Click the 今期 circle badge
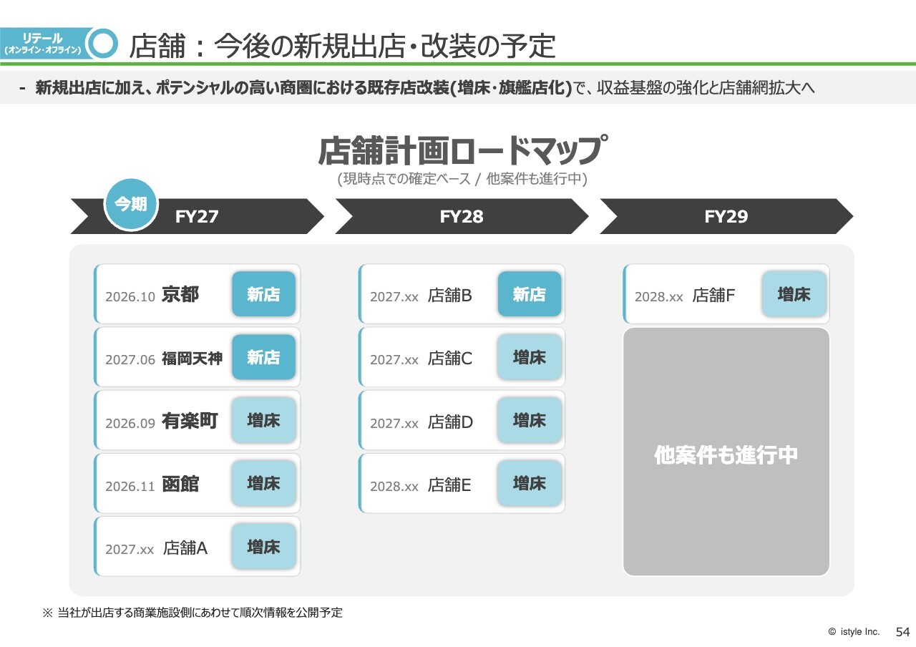(x=131, y=205)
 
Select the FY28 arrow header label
(x=462, y=216)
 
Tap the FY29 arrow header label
(x=726, y=216)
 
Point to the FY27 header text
(x=197, y=216)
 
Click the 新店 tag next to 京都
(x=264, y=293)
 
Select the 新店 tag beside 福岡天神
(x=264, y=357)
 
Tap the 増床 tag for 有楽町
(x=264, y=420)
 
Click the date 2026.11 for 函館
(x=130, y=486)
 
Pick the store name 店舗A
(x=185, y=548)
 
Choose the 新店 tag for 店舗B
(x=529, y=293)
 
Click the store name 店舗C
(x=450, y=359)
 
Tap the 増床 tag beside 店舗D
(x=529, y=420)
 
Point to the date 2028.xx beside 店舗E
(x=394, y=486)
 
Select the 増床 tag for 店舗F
(x=794, y=293)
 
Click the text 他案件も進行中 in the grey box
(x=726, y=454)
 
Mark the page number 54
(x=902, y=632)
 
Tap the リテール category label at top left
(x=42, y=39)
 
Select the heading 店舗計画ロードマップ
(x=462, y=150)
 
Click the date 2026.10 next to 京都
(x=130, y=296)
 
